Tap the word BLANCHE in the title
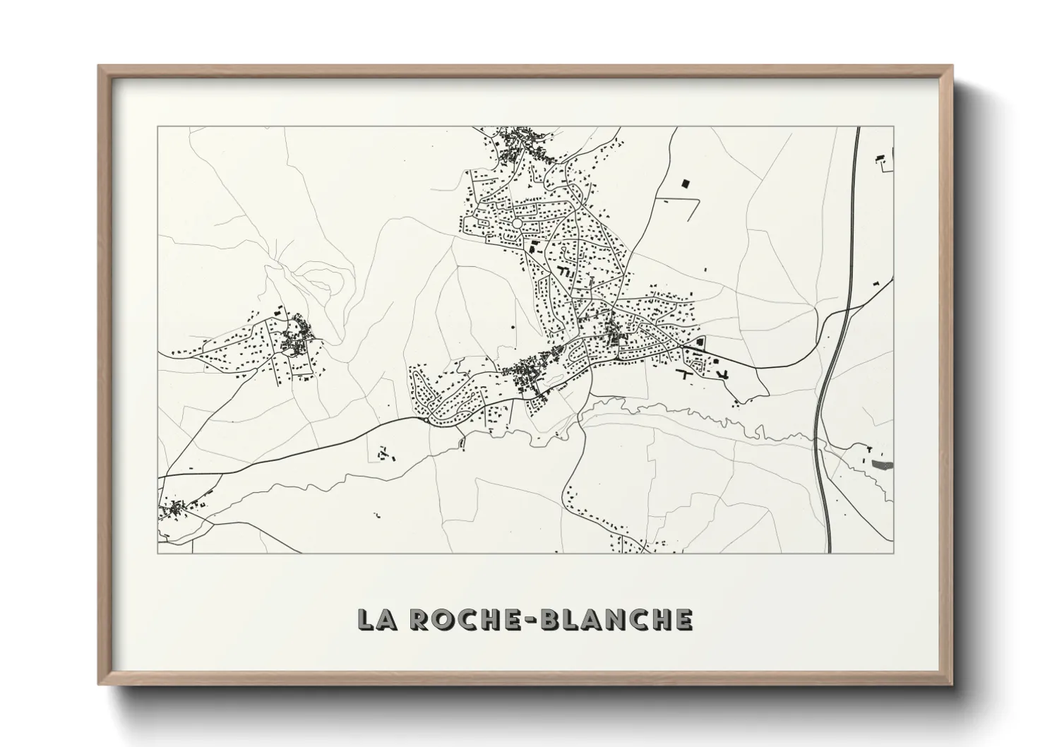(x=621, y=619)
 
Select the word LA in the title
(x=375, y=619)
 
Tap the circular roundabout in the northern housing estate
(x=517, y=223)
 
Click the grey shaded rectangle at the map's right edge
(x=882, y=465)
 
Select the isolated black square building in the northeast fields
(x=683, y=184)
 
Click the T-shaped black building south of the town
(x=686, y=373)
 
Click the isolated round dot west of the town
(x=513, y=328)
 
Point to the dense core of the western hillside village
(x=293, y=343)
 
